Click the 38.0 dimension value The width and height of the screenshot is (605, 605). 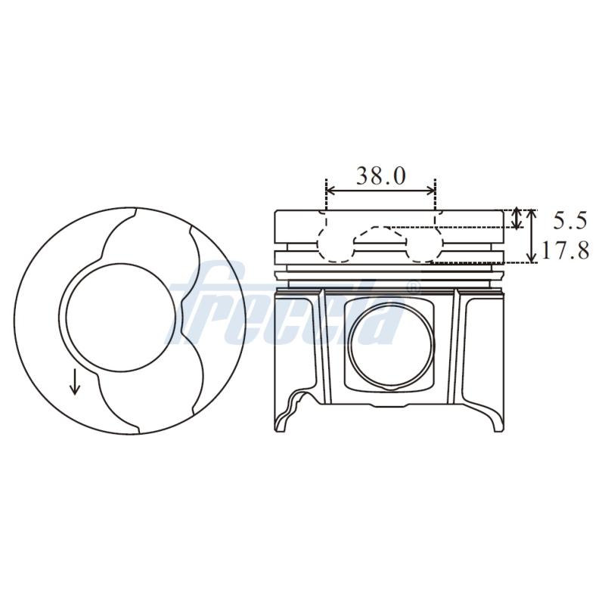point(380,176)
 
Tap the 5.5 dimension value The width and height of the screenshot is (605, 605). point(570,221)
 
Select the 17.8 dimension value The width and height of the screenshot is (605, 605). point(565,250)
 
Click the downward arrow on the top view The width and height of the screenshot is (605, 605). point(75,382)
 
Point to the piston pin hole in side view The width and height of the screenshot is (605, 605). point(391,344)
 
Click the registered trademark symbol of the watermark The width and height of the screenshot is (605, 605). point(412,287)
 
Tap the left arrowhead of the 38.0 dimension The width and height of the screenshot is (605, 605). point(330,191)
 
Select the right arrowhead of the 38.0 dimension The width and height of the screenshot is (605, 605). point(431,191)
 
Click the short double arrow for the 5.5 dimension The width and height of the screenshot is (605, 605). point(517,219)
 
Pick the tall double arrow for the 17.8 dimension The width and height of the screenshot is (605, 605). point(532,236)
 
